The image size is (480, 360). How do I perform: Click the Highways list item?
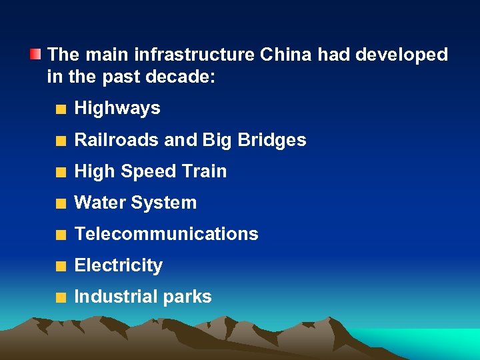[117, 109]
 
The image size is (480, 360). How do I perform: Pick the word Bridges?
[273, 141]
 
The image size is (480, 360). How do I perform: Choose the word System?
[166, 203]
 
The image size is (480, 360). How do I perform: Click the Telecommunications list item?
[166, 234]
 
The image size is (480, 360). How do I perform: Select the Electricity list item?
[119, 265]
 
